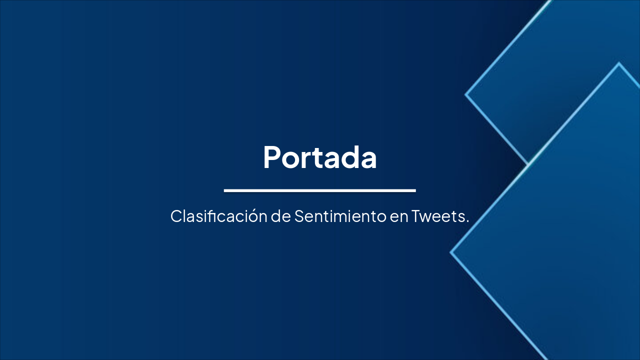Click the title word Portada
click(x=319, y=157)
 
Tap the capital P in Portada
click(x=272, y=157)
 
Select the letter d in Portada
click(x=352, y=157)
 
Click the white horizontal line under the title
click(x=319, y=190)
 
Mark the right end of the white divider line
click(x=414, y=190)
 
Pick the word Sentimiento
click(x=340, y=216)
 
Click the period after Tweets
click(x=467, y=221)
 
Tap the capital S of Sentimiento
click(x=299, y=216)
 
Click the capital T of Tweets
click(x=416, y=216)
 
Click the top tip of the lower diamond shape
click(x=618, y=63)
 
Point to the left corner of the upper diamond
click(x=466, y=94)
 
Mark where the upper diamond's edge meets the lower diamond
click(x=528, y=163)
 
